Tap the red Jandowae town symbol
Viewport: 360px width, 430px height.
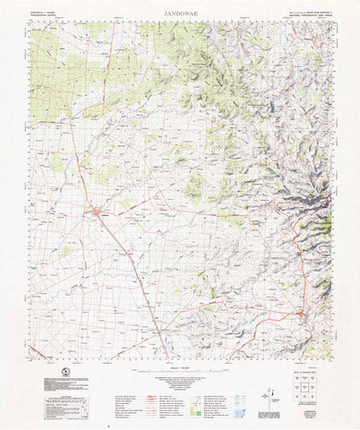click(x=96, y=211)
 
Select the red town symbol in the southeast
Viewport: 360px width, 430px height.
click(x=303, y=314)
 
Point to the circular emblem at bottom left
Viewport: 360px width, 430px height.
click(x=63, y=373)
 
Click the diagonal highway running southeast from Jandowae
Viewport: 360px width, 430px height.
click(x=134, y=269)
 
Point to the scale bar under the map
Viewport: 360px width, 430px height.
click(x=180, y=359)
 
